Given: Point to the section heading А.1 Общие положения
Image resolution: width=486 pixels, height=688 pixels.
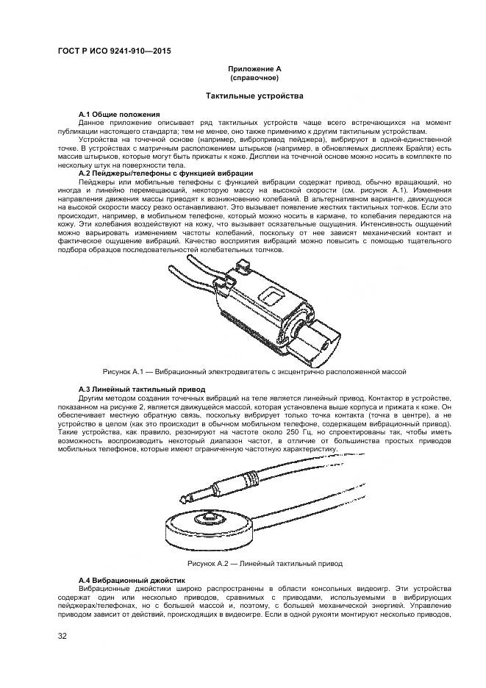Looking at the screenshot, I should point(119,115).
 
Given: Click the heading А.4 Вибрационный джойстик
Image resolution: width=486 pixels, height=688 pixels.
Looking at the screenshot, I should point(132,581).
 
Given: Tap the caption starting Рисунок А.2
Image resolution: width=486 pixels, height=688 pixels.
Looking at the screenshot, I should point(254,564).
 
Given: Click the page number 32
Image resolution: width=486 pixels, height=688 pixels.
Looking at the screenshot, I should point(62,637).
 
